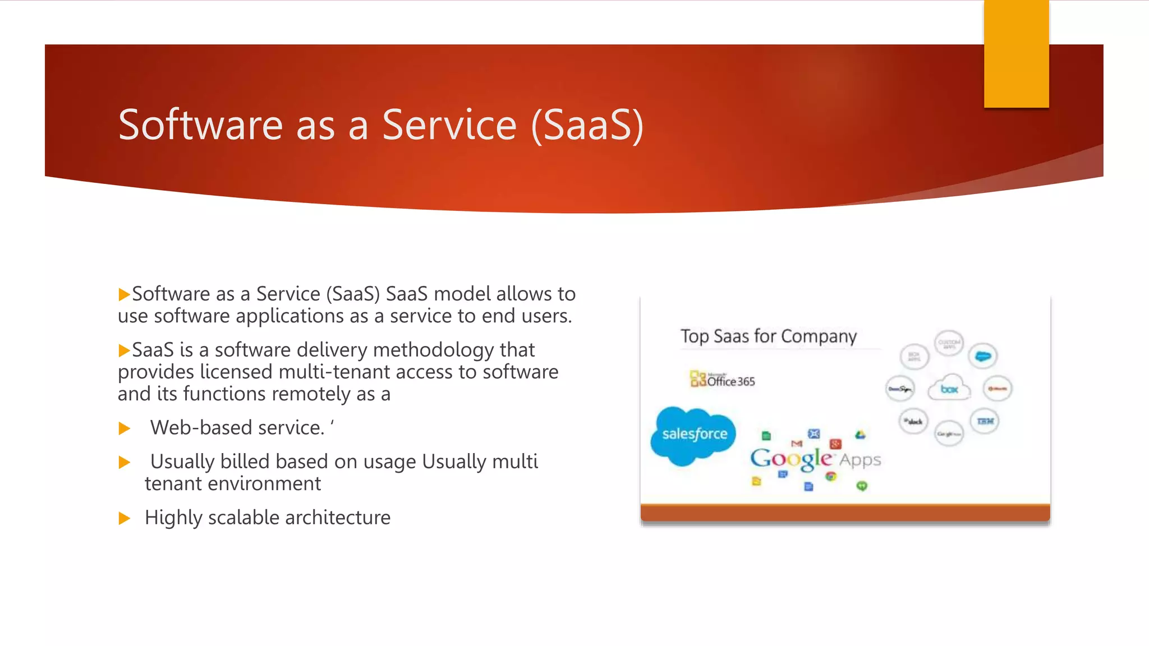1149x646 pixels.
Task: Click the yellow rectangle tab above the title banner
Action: [x=1016, y=54]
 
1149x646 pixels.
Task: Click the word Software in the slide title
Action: [x=200, y=124]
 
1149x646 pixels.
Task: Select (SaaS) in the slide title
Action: [x=587, y=124]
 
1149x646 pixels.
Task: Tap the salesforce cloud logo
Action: [x=694, y=435]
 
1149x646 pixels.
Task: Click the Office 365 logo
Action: [x=723, y=380]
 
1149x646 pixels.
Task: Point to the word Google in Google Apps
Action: [x=791, y=459]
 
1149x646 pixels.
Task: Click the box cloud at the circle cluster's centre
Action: [x=949, y=388]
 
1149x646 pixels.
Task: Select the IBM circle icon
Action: [x=985, y=421]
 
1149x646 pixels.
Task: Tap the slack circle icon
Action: [x=914, y=421]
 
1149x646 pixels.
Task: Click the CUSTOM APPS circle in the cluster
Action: [x=949, y=344]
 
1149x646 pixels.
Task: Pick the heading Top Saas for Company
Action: [x=768, y=336]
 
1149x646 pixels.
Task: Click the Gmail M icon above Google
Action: [x=797, y=444]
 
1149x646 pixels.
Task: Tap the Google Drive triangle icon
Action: [x=860, y=435]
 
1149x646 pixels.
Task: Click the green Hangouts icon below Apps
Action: [x=862, y=486]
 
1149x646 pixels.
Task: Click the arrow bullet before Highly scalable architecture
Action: [x=125, y=518]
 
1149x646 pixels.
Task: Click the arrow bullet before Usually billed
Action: [x=125, y=462]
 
